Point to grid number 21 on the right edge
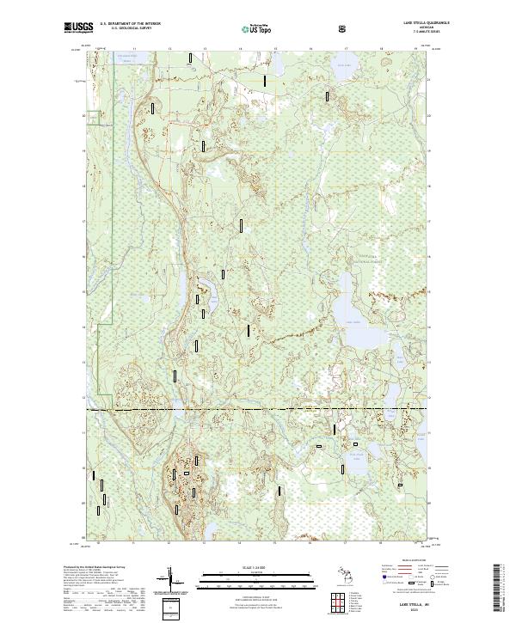tap(429, 79)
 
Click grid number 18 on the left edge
tap(83, 185)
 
